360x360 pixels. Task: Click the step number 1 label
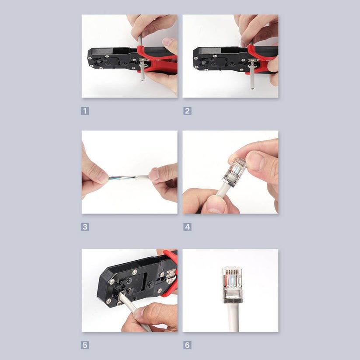(x=85, y=111)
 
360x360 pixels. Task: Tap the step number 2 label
(x=187, y=111)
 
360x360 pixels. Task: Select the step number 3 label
(x=85, y=227)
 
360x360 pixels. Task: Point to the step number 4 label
(x=187, y=227)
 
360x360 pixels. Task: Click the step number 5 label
(x=85, y=345)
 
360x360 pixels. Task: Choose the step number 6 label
(x=187, y=345)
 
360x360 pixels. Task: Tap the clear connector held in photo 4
(x=234, y=172)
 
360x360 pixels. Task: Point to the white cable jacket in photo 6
(x=232, y=317)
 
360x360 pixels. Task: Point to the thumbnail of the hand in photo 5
(x=140, y=312)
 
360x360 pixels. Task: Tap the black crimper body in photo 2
(x=219, y=59)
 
